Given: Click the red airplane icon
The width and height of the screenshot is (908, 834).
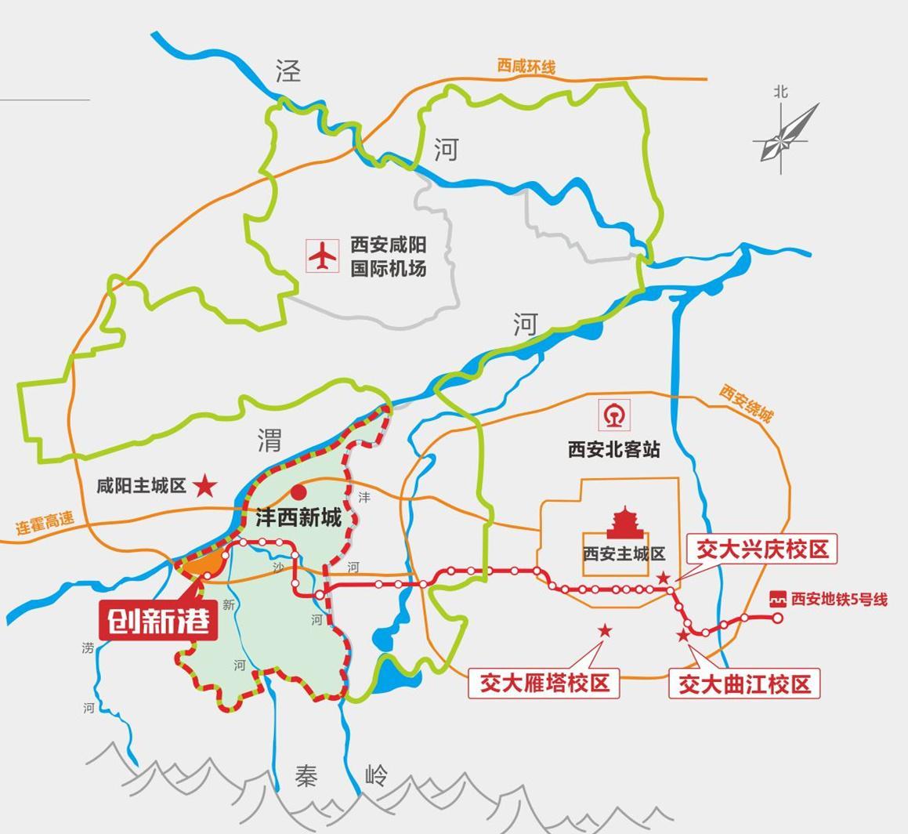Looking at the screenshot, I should pos(322,256).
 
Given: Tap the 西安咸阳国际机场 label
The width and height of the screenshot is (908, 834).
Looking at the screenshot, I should pos(389,256).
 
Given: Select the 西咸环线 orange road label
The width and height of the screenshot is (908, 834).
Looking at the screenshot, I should pos(526,66).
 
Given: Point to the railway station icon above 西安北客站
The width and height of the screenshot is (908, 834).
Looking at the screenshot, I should pos(614,415).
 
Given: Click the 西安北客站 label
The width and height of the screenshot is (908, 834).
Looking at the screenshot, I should pos(614,449).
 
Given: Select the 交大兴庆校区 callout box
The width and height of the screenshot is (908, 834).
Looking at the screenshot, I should pos(762,549).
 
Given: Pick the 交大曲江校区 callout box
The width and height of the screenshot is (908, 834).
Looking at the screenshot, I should pos(744,684).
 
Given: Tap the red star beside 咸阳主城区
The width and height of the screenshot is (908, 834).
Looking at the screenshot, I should pos(205,486).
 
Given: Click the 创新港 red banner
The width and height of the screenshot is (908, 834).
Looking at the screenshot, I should pos(158,622).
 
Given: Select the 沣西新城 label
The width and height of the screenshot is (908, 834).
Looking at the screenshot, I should pos(298,517).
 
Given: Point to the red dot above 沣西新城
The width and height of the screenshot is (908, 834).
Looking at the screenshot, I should pos(298,492).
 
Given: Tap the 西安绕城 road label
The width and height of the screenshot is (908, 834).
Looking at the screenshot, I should pos(747,403).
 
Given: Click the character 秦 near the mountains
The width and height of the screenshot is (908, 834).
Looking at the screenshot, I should pos(307,775).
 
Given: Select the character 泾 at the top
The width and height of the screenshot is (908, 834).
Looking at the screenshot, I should pos(288,71).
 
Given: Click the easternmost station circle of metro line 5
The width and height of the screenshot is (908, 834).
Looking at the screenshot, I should pos(778,618).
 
